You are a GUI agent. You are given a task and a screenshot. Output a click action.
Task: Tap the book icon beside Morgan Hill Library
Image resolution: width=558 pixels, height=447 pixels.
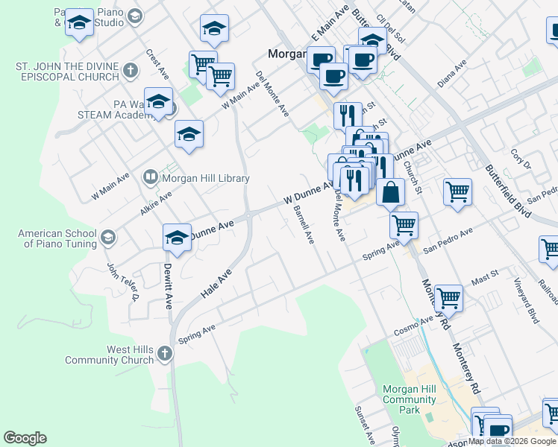pyautogui.click(x=150, y=177)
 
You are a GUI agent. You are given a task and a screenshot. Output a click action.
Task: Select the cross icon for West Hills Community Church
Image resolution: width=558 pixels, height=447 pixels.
pyautogui.click(x=165, y=355)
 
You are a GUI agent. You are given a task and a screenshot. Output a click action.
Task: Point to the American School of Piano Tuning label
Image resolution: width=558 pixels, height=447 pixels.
pyautogui.click(x=57, y=238)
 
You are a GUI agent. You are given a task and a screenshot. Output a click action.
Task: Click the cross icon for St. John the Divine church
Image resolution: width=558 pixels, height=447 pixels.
pyautogui.click(x=131, y=72)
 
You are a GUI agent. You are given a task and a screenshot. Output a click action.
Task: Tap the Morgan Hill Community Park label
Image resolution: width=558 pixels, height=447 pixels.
pyautogui.click(x=409, y=400)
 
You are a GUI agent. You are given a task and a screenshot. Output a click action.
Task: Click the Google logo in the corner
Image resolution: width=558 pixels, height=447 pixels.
pyautogui.click(x=25, y=438)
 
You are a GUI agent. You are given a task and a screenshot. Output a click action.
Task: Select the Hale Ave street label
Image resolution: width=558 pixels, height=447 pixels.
pyautogui.click(x=216, y=285)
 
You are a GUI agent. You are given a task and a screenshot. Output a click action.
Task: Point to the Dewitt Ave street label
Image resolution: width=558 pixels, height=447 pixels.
pyautogui.click(x=169, y=287)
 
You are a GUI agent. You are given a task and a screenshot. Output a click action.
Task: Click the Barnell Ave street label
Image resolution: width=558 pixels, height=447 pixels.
pyautogui.click(x=304, y=225)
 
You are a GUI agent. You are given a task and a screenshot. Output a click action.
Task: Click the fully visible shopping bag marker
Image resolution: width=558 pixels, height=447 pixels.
pyautogui.click(x=390, y=192)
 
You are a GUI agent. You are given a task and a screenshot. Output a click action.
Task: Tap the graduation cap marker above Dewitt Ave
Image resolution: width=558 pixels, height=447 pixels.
pyautogui.click(x=177, y=237)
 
